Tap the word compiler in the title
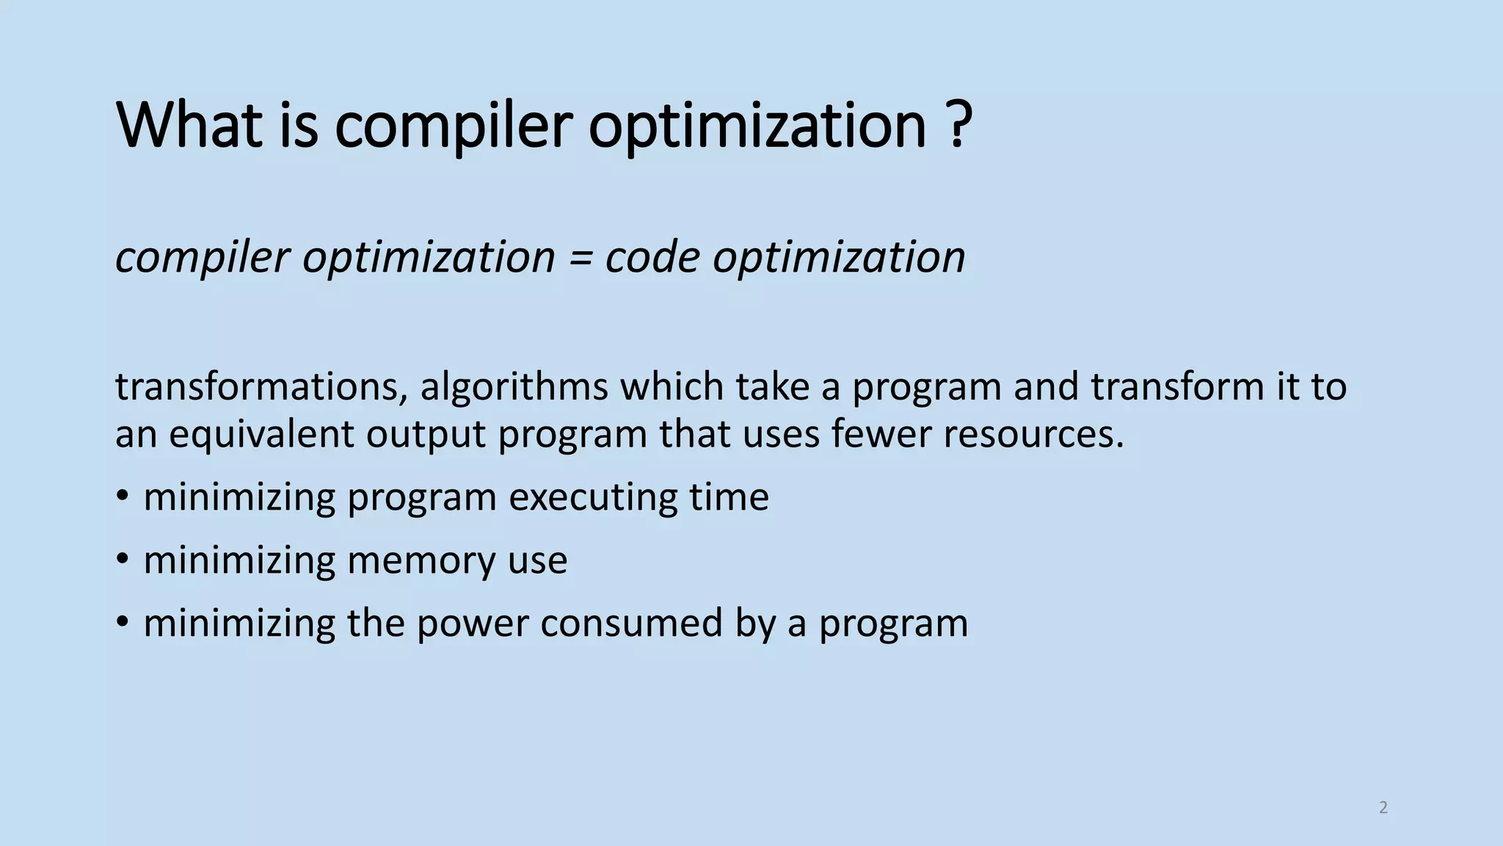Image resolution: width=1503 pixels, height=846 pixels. click(x=453, y=126)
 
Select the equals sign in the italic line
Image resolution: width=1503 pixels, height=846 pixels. click(x=581, y=258)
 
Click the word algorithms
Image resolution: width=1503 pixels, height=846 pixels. click(x=514, y=386)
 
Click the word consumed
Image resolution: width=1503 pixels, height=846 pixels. click(x=631, y=623)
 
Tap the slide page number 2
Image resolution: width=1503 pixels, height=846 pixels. click(x=1383, y=808)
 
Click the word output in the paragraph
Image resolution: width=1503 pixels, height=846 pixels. click(x=426, y=435)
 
